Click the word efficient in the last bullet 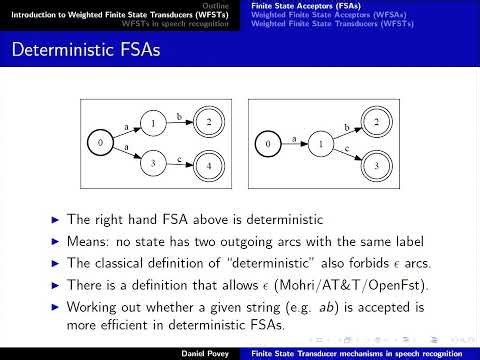(148, 325)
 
